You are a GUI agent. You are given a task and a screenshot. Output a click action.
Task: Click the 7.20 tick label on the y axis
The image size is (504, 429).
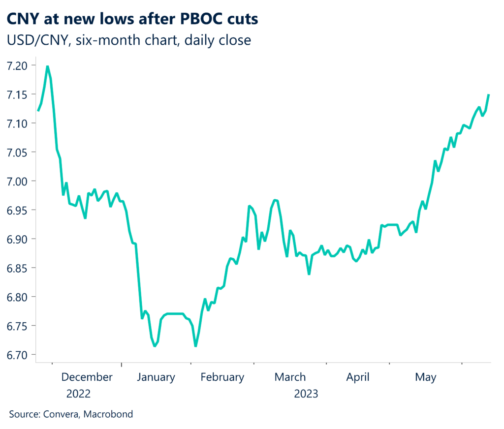pyautogui.click(x=19, y=65)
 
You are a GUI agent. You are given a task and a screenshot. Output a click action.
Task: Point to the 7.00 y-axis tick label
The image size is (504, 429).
pyautogui.click(x=19, y=181)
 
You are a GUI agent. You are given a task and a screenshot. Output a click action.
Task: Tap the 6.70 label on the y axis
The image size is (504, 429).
pyautogui.click(x=19, y=355)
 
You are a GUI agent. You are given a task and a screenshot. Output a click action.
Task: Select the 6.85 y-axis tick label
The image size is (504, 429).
pyautogui.click(x=19, y=268)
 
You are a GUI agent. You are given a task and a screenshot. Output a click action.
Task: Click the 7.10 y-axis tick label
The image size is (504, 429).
pyautogui.click(x=19, y=123)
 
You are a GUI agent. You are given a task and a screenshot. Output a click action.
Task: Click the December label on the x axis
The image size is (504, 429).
pyautogui.click(x=87, y=377)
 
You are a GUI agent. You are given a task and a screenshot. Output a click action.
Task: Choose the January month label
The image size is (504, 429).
pyautogui.click(x=156, y=377)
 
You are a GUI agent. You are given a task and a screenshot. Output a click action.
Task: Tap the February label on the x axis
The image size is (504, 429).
pyautogui.click(x=222, y=377)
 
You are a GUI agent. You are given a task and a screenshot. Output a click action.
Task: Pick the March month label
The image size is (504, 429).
pyautogui.click(x=290, y=377)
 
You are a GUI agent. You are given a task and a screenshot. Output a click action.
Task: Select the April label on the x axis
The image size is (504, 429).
pyautogui.click(x=358, y=377)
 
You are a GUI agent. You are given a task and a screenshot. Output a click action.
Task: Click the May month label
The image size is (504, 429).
pyautogui.click(x=425, y=377)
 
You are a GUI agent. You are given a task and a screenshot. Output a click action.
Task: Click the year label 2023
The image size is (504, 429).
pyautogui.click(x=306, y=394)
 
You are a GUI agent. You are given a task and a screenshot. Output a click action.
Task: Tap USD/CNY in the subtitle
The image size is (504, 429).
pyautogui.click(x=35, y=40)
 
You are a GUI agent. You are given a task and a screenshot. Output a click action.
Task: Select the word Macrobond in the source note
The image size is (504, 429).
pyautogui.click(x=108, y=414)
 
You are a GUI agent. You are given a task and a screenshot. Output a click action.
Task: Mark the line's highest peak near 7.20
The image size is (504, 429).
pyautogui.click(x=47, y=66)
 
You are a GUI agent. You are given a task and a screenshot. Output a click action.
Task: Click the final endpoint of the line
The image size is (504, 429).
pyautogui.click(x=489, y=94)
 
